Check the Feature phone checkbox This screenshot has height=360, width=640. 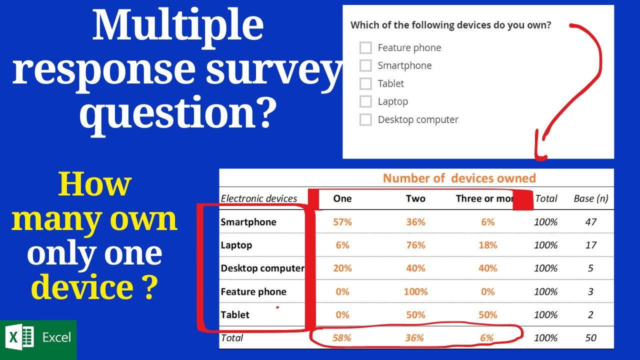[x=365, y=47]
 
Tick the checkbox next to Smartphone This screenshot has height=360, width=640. [x=365, y=65]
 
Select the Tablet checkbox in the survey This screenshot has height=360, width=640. [x=365, y=83]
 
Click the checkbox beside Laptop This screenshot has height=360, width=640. [x=365, y=101]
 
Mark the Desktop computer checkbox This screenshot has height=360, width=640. [x=365, y=119]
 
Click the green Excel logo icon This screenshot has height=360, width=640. [x=21, y=337]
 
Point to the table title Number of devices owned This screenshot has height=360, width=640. [x=459, y=178]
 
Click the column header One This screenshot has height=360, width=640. [x=342, y=198]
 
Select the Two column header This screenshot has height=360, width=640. [x=415, y=198]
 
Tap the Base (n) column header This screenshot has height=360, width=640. [x=590, y=198]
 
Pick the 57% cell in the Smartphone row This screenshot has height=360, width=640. [x=342, y=222]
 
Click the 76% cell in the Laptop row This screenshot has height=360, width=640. [x=415, y=245]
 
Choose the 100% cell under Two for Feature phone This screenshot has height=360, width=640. [x=415, y=291]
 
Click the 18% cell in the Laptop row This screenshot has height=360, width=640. [x=487, y=245]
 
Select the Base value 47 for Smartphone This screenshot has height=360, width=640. [x=590, y=222]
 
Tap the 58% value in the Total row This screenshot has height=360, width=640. [x=342, y=338]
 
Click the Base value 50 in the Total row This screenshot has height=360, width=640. [x=590, y=338]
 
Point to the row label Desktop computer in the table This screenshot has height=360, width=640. [x=262, y=268]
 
